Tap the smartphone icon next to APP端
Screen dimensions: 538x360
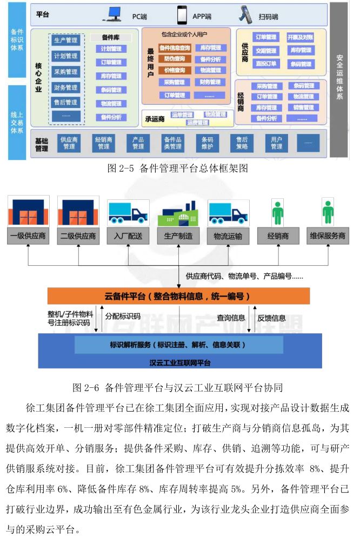click(x=183, y=14)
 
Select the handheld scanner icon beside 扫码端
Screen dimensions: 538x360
click(x=245, y=14)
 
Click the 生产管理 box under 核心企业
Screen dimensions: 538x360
click(x=66, y=40)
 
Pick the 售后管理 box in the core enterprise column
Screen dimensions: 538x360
click(x=66, y=102)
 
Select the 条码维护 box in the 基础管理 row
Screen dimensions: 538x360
click(x=207, y=143)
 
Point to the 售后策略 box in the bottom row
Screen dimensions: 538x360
click(x=242, y=143)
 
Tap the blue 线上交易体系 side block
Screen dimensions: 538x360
click(x=16, y=122)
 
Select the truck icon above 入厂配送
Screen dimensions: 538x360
click(x=128, y=212)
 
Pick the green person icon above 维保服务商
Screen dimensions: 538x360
click(x=328, y=213)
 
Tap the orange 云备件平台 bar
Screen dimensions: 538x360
click(x=178, y=296)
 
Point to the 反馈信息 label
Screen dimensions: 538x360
click(x=271, y=318)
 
